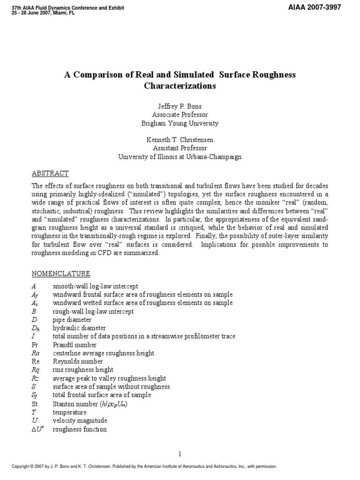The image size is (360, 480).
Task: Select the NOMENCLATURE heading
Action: (x=60, y=274)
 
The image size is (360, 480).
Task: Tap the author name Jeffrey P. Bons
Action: (x=180, y=106)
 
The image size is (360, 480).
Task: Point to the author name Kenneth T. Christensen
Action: (x=180, y=140)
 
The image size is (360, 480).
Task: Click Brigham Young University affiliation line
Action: (x=180, y=123)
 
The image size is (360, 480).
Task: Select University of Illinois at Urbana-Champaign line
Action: (x=180, y=157)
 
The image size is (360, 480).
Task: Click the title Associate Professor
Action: (x=180, y=115)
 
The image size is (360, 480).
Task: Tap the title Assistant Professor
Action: (x=180, y=149)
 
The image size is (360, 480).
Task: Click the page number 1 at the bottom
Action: (x=180, y=454)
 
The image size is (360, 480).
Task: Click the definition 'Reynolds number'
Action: (x=78, y=362)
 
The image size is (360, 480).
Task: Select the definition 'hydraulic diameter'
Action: (x=79, y=328)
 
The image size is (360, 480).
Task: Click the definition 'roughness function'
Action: (x=80, y=429)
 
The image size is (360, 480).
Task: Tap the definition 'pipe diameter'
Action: (x=72, y=320)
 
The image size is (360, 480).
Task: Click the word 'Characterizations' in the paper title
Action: (x=180, y=86)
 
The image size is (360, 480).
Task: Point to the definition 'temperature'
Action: (x=69, y=412)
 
